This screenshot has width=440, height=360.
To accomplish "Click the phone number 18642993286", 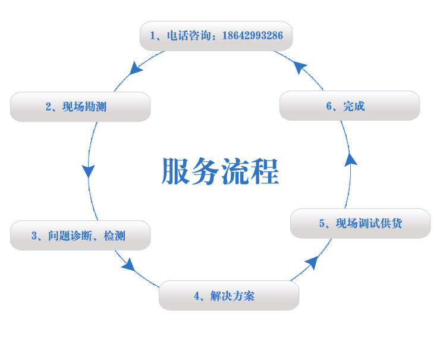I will (x=253, y=36).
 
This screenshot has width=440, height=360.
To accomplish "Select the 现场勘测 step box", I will (x=80, y=107).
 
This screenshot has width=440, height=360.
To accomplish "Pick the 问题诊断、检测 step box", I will (x=80, y=236).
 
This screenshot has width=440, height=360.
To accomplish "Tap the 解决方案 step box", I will (x=229, y=296).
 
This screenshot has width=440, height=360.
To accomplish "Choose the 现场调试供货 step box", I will (x=360, y=224).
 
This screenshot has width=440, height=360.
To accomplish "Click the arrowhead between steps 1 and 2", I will (x=136, y=68).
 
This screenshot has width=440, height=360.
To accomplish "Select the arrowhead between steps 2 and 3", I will (x=89, y=171).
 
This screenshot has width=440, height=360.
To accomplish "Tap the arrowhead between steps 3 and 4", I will (x=128, y=264).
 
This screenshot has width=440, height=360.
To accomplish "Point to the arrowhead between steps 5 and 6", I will (x=351, y=158).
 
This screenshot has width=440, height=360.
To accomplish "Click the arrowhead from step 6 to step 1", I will (x=301, y=67).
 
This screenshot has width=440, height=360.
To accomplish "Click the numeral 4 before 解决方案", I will (x=196, y=296).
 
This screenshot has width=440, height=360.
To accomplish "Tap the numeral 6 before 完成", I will (x=329, y=107).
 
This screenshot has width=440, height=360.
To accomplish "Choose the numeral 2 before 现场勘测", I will (x=48, y=107).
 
